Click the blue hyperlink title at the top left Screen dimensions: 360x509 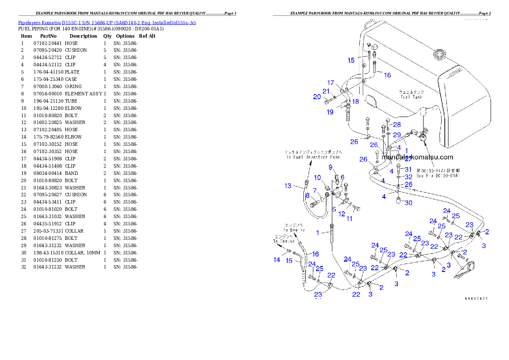pyautogui.click(x=107, y=23)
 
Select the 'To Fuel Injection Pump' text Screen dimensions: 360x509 pyautogui.click(x=313, y=157)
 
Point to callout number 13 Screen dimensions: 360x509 pyautogui.click(x=288, y=186)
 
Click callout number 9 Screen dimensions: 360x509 pyautogui.click(x=330, y=167)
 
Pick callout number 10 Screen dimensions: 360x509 pyautogui.click(x=317, y=177)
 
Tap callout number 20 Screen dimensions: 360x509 pyautogui.click(x=317, y=97)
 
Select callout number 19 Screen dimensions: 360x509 pyautogui.click(x=330, y=112)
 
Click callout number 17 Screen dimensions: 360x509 pyautogui.click(x=331, y=83)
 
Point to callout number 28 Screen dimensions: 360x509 pyautogui.click(x=397, y=125)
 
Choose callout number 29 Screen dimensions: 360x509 pyautogui.click(x=397, y=135)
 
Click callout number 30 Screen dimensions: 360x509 pyautogui.click(x=408, y=203)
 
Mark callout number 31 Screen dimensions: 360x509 pyautogui.click(x=408, y=170)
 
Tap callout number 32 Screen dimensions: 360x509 pyautogui.click(x=408, y=177)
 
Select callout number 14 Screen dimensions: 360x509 pyautogui.click(x=277, y=260)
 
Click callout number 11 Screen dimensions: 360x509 pyautogui.click(x=349, y=218)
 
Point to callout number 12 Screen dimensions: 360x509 pyautogui.click(x=341, y=213)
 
